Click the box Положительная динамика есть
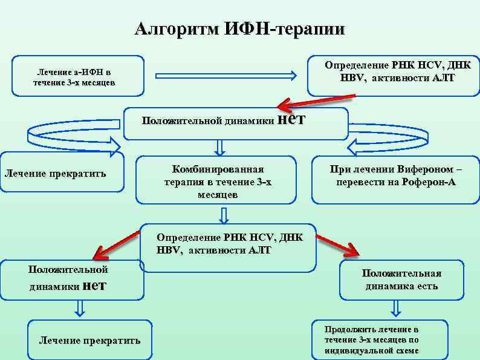(401, 280)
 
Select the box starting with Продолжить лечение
(379, 339)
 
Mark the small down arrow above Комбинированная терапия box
(219, 147)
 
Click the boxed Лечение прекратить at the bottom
(89, 340)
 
